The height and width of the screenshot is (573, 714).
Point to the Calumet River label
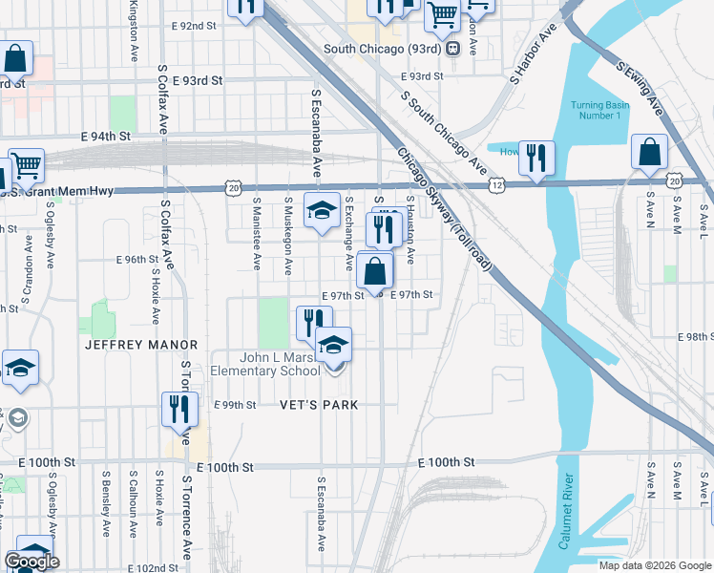[x=566, y=510]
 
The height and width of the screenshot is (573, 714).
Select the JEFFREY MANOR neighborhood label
[x=140, y=345]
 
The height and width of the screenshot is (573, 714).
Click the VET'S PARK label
[x=319, y=405]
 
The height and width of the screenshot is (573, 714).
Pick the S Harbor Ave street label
[x=535, y=56]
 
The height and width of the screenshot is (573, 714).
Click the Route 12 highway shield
[x=495, y=182]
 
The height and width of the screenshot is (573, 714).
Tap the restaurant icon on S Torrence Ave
[x=179, y=408]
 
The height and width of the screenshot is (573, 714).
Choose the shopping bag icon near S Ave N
[x=649, y=152]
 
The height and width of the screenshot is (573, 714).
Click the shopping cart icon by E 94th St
[x=26, y=166]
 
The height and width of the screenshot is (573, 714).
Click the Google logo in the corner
[x=31, y=562]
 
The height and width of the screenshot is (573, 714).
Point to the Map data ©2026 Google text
[x=655, y=565]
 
